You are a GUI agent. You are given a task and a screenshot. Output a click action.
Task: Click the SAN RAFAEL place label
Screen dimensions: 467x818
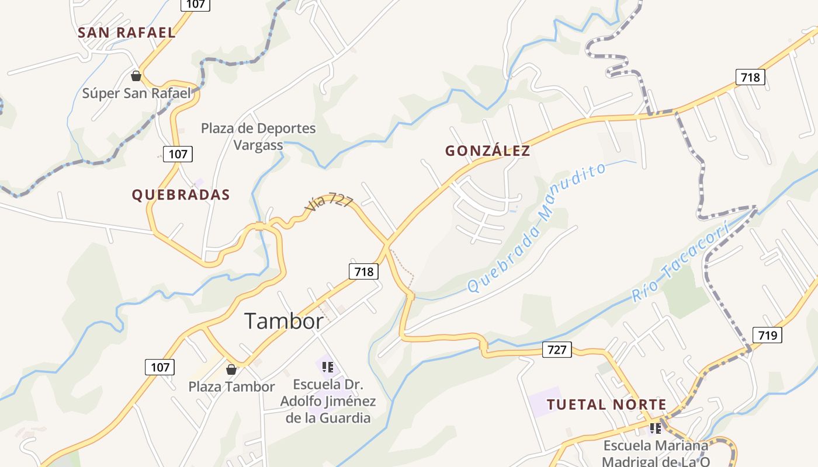pos(126,33)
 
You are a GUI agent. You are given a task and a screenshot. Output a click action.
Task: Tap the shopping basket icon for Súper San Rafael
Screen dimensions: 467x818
pos(136,76)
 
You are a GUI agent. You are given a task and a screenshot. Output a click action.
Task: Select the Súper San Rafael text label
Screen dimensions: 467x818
pos(136,93)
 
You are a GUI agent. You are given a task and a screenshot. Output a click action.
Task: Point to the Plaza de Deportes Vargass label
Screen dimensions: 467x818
pos(258,136)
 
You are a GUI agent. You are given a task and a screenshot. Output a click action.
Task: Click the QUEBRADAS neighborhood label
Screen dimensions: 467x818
pos(181,195)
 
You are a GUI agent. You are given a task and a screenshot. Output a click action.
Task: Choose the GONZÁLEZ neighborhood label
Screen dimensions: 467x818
pos(487,151)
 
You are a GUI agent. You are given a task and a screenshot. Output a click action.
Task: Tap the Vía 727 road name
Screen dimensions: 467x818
pos(329,202)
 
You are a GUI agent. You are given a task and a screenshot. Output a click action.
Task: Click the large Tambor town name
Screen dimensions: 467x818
pos(283,321)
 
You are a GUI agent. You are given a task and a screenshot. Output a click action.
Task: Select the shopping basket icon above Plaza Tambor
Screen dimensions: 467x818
pos(231,370)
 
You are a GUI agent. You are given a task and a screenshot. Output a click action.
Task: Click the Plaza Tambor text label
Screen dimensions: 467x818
pos(231,386)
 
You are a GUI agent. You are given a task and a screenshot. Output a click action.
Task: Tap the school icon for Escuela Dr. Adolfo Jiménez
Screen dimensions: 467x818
pos(328,367)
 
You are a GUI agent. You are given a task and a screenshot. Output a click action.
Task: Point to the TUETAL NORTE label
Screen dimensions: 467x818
pos(606,405)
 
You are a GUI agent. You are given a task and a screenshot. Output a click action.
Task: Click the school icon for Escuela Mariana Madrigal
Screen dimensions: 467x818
pos(656,429)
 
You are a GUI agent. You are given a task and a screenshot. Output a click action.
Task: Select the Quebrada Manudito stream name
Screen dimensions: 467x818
pos(536,228)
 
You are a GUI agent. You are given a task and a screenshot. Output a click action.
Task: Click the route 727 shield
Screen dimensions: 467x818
pos(557,349)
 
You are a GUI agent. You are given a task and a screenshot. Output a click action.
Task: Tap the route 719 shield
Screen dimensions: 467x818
pos(767,335)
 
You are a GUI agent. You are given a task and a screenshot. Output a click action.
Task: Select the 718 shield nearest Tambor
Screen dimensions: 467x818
pos(363,271)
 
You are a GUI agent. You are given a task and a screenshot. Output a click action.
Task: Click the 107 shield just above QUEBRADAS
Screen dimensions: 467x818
pos(178,154)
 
